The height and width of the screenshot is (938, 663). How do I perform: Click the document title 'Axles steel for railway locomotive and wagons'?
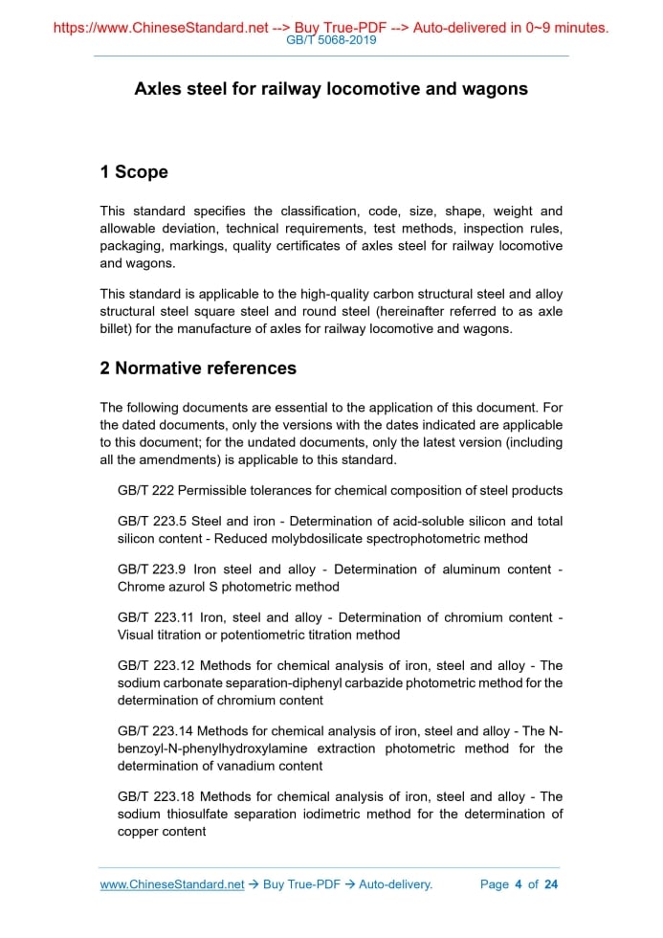331,89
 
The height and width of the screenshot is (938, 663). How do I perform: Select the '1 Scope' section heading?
134,172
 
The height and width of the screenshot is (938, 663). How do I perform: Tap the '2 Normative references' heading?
198,368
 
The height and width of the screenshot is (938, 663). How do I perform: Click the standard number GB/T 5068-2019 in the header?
331,40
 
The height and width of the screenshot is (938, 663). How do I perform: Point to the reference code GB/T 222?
145,491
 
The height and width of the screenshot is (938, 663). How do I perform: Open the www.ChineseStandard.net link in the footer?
172,884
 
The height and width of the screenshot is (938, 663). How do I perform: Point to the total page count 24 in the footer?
550,884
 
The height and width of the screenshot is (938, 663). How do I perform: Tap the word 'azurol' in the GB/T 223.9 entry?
189,587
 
